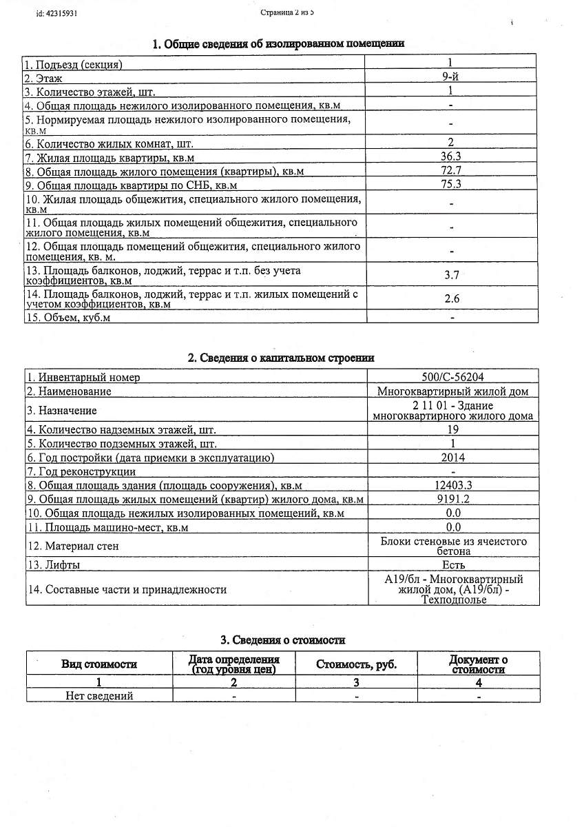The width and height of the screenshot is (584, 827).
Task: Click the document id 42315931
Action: (56, 13)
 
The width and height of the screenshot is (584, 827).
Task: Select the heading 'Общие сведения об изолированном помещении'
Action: (278, 44)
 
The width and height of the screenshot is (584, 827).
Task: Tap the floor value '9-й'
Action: (450, 77)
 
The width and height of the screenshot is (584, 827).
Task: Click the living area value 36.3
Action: (450, 158)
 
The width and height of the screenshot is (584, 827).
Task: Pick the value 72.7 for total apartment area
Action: (450, 171)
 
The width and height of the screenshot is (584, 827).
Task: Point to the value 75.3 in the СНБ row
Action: (450, 184)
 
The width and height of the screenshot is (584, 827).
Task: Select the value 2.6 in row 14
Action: (452, 298)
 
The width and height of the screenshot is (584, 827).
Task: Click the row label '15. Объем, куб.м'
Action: (68, 318)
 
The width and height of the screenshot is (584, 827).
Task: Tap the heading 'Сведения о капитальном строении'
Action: (281, 358)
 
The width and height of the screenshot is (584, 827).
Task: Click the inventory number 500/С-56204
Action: (452, 377)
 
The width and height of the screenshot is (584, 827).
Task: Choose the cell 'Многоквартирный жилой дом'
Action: (452, 391)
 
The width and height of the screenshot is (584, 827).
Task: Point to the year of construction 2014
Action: (452, 458)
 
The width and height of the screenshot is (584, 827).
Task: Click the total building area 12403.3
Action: (452, 485)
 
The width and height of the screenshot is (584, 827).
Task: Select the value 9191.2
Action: (452, 499)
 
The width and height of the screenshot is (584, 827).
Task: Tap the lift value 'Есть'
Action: (452, 565)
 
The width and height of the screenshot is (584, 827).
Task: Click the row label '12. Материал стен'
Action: (73, 547)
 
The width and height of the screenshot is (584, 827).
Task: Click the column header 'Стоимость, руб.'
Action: (356, 664)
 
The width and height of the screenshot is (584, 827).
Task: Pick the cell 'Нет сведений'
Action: (99, 695)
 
